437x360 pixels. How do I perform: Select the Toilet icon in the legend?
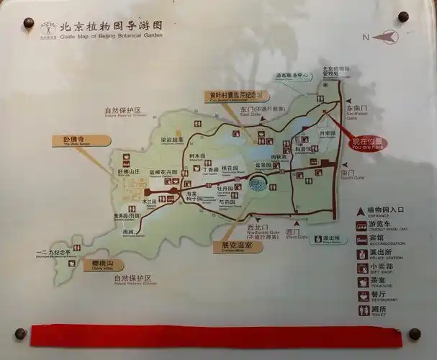click(364, 310)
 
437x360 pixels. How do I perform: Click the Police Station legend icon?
click(364, 253)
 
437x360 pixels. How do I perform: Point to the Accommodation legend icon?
click(364, 239)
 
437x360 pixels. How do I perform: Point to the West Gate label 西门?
click(292, 232)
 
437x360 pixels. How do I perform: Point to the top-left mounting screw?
click(29, 23)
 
